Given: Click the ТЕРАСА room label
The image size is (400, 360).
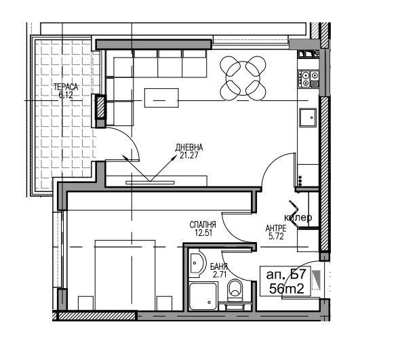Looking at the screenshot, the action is (x=66, y=87).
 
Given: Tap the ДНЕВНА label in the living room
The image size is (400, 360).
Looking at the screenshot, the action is (x=188, y=147).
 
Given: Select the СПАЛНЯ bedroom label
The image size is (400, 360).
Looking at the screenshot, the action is (x=203, y=225).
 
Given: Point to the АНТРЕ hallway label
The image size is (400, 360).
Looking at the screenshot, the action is (x=276, y=228).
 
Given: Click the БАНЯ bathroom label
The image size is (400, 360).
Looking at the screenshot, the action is (x=218, y=267).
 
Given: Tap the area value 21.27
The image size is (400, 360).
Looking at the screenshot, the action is (x=189, y=155).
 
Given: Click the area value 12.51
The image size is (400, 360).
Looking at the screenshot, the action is (x=203, y=233).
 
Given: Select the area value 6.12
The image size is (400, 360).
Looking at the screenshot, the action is (x=66, y=95).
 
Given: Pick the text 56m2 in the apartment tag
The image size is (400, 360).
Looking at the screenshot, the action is (x=287, y=289).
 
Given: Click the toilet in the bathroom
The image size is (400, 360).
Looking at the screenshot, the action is (x=235, y=290).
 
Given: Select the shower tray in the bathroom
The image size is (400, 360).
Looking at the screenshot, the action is (x=203, y=296).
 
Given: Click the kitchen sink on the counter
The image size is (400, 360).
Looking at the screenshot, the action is (x=308, y=117).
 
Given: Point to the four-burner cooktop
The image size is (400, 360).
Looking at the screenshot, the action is (x=308, y=79).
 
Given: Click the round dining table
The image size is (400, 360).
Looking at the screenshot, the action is (x=243, y=79).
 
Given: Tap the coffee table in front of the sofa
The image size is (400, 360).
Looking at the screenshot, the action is (x=161, y=98).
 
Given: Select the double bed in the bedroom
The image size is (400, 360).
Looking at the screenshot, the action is (x=125, y=275).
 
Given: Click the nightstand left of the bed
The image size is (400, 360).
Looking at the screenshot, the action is (x=85, y=304).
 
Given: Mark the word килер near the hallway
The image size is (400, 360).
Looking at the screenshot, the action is (x=298, y=218).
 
